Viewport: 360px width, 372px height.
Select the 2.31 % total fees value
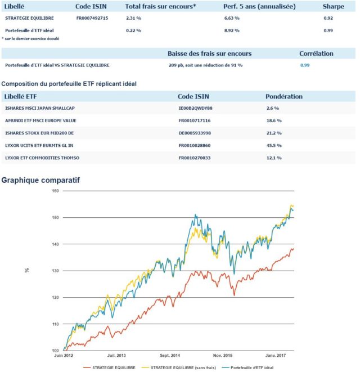[133, 18]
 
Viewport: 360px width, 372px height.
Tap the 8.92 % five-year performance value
[231, 30]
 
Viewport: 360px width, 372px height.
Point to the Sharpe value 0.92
[328, 18]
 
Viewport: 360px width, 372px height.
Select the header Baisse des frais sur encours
[209, 53]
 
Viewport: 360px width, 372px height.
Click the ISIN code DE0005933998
[195, 133]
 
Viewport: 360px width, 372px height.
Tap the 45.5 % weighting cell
[274, 145]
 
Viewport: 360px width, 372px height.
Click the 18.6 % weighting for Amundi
[274, 120]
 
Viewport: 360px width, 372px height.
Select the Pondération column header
[284, 96]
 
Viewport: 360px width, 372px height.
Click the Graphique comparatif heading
[40, 181]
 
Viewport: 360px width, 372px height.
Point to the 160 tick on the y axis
[55, 191]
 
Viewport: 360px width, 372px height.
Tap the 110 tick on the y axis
[55, 324]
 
